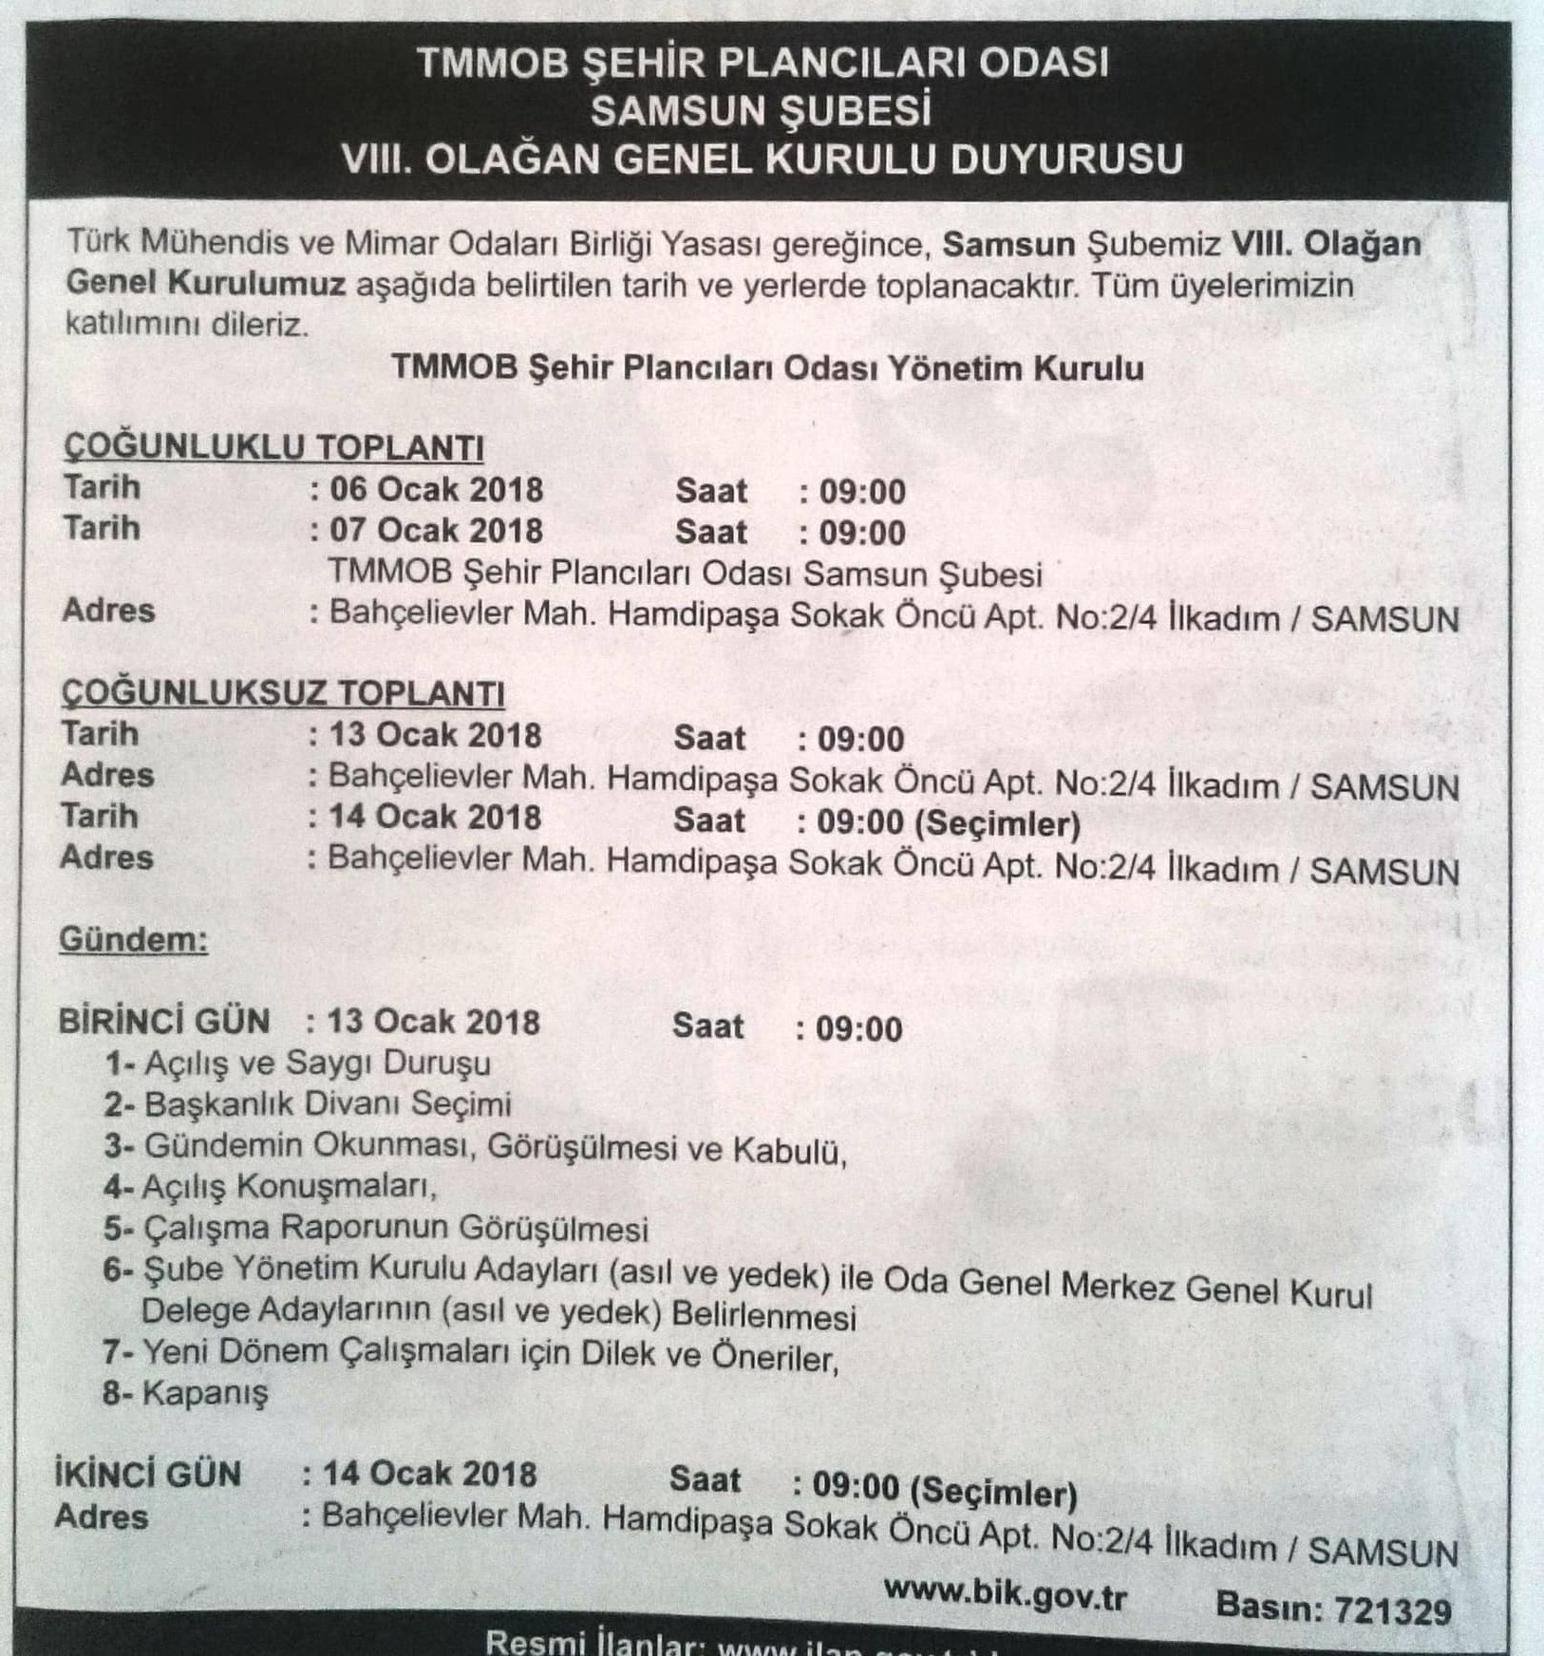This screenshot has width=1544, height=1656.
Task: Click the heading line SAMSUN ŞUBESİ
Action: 761,111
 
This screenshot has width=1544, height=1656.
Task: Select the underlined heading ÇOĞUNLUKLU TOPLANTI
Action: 273,446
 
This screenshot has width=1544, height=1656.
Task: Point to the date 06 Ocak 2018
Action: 436,490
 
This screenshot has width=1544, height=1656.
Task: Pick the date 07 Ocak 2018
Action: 436,530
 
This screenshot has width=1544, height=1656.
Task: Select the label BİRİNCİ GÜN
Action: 164,1022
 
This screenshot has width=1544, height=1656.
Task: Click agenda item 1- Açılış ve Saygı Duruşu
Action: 297,1063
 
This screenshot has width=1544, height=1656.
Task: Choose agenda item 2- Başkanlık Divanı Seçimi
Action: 308,1104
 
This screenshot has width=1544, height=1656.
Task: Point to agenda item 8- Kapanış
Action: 185,1393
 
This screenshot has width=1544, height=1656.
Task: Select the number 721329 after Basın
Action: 1392,1609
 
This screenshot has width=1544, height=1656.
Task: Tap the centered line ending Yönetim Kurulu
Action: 767,367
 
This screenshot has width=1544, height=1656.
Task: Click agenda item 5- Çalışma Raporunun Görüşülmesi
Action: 376,1229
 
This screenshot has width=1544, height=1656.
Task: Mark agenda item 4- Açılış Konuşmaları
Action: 271,1187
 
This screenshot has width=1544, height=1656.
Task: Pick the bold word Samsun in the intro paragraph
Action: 1008,244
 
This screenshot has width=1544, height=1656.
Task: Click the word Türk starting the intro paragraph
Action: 99,241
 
